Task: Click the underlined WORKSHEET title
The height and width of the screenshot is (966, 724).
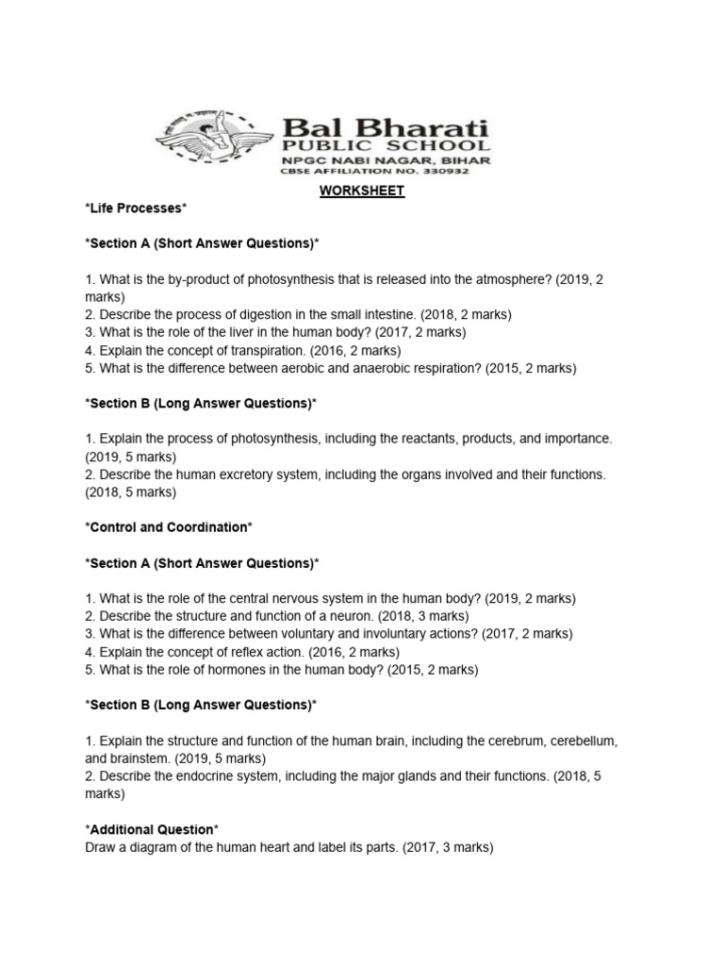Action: [361, 191]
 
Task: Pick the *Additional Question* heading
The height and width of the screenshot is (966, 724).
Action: [152, 829]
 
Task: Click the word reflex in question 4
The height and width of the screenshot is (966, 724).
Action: [231, 652]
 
